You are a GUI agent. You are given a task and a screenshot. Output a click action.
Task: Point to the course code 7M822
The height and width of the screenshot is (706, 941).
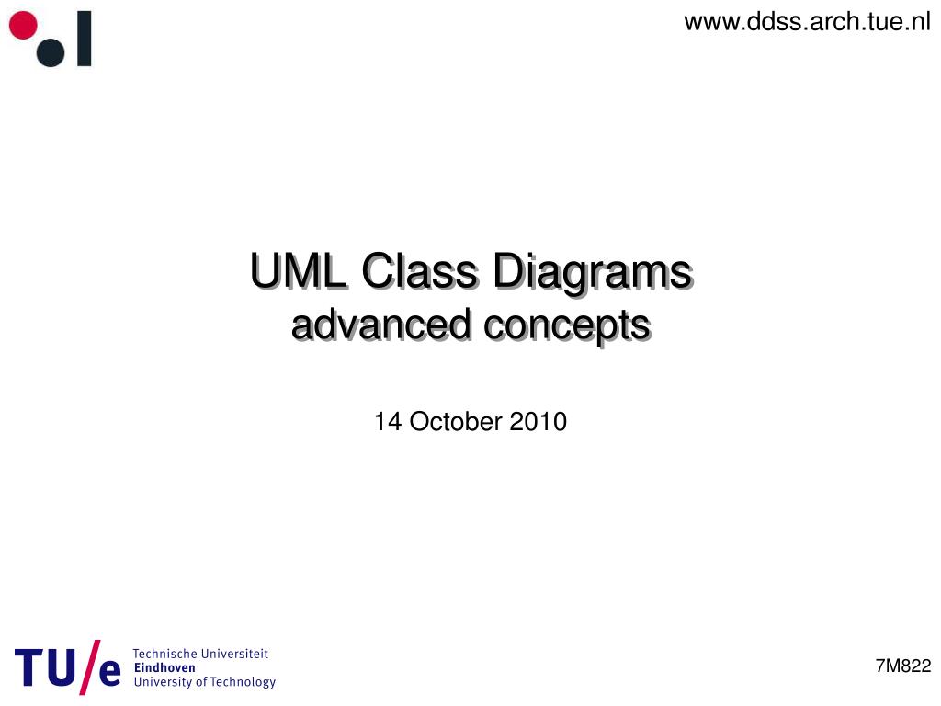click(902, 666)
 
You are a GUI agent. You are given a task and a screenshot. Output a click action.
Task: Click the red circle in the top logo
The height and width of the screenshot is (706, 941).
click(23, 26)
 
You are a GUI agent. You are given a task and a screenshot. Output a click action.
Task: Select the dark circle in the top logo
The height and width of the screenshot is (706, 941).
click(51, 52)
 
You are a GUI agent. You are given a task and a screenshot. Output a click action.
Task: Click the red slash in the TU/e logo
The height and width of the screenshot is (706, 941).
click(87, 666)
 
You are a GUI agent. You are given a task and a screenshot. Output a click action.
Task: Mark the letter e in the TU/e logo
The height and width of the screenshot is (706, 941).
click(108, 672)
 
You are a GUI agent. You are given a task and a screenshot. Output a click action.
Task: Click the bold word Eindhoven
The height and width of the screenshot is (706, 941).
click(164, 667)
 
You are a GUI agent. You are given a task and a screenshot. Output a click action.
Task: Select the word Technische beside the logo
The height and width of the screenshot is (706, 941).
click(169, 654)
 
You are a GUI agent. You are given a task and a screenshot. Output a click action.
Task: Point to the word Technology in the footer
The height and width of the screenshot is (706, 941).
click(243, 682)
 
